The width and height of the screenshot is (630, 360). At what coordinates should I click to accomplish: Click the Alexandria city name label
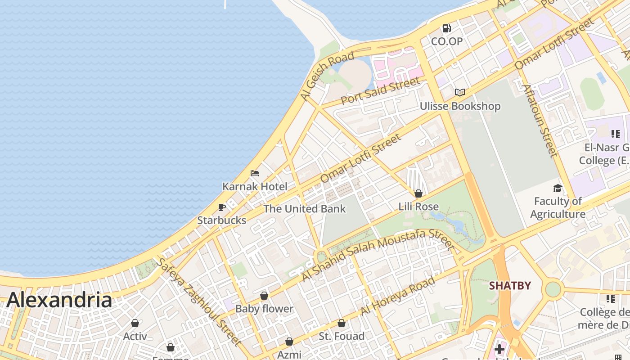[x=59, y=300]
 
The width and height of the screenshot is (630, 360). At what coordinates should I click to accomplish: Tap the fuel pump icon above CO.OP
[x=446, y=28]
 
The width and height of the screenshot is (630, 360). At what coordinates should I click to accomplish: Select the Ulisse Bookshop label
[x=460, y=106]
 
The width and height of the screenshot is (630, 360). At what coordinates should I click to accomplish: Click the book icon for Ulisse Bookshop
[x=459, y=92]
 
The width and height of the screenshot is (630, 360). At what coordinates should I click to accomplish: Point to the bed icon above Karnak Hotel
[x=255, y=173]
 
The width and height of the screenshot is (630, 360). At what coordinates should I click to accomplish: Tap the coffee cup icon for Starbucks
[x=222, y=207]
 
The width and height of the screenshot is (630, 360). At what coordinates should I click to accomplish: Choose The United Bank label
[x=304, y=209]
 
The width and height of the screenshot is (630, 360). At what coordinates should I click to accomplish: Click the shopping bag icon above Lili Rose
[x=418, y=193]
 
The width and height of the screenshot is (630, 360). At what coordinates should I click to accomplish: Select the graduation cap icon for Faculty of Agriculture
[x=558, y=188]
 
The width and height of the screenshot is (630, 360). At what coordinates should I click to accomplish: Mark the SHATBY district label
[x=510, y=286]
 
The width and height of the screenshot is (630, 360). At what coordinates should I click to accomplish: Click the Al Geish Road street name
[x=327, y=76]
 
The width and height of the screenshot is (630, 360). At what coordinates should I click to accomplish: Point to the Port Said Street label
[x=380, y=91]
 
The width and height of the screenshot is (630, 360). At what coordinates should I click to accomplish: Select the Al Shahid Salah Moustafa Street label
[x=378, y=255]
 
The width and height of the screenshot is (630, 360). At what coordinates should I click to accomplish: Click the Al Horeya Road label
[x=398, y=296]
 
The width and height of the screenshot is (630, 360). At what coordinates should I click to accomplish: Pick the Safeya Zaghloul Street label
[x=198, y=302]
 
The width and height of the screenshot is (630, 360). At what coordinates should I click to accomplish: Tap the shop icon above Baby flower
[x=264, y=296]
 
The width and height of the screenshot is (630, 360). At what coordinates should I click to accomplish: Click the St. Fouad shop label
[x=342, y=336]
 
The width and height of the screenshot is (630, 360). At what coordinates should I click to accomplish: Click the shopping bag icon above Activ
[x=135, y=323]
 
